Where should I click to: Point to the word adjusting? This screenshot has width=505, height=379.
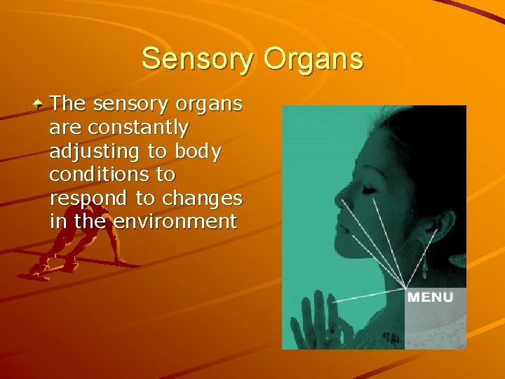click(x=97, y=152)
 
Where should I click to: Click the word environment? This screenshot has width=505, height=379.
click(x=175, y=222)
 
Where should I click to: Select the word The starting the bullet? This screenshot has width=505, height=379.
click(x=68, y=104)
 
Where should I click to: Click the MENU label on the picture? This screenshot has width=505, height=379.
click(x=431, y=297)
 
